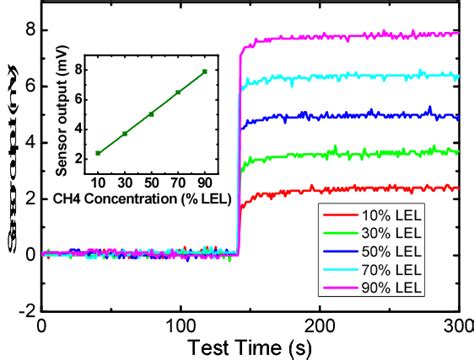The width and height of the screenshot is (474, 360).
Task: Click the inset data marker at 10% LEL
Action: (98, 153)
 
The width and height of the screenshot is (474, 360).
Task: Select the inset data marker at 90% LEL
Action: (205, 71)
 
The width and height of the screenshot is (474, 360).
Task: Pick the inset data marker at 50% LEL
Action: (151, 114)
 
